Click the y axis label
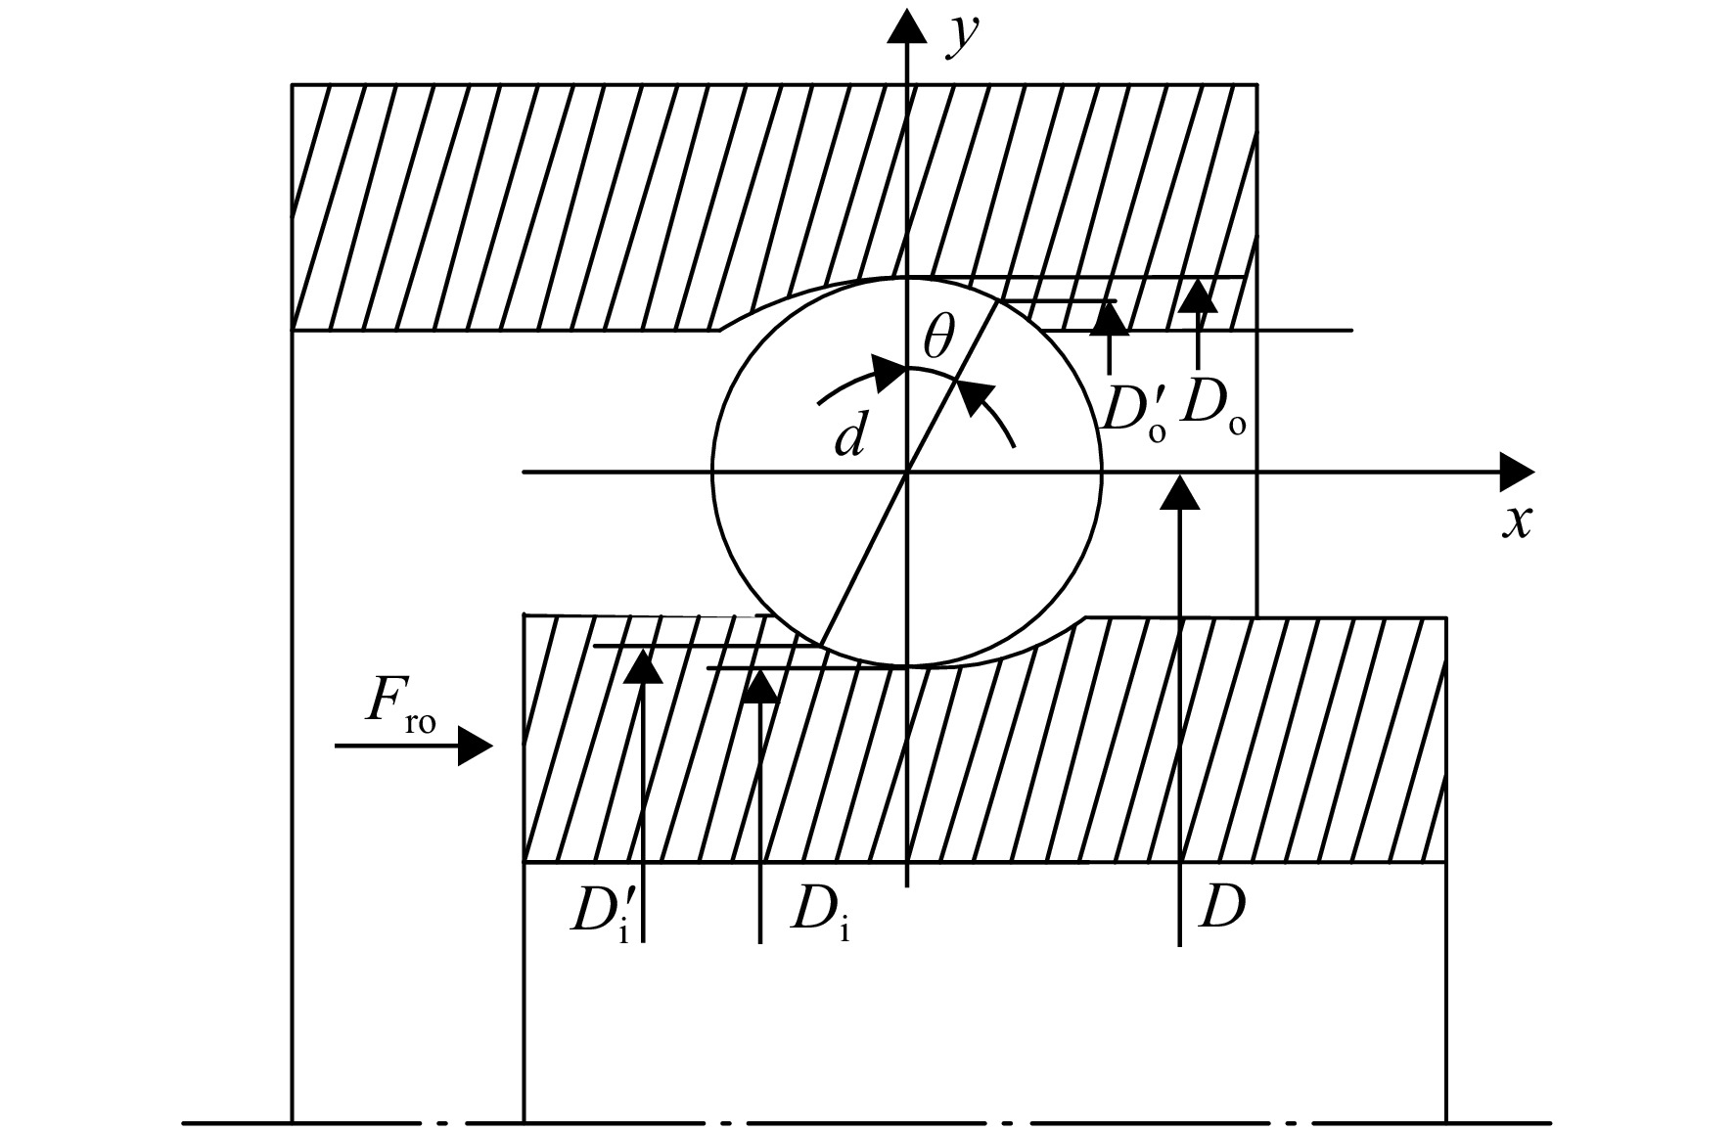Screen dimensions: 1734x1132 point(965,37)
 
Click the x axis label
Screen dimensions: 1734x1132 point(1517,521)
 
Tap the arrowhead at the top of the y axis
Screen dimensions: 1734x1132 point(907,24)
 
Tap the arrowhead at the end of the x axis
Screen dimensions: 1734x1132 point(1517,472)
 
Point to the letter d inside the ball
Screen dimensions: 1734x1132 point(850,436)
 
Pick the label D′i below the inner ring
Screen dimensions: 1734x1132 point(601,914)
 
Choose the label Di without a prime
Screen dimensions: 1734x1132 point(820,912)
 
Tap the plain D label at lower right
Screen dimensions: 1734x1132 point(1221,909)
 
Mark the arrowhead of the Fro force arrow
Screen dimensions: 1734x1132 point(476,746)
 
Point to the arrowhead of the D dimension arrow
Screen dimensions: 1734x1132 point(1180,492)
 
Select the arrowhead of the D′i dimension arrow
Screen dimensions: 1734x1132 point(642,664)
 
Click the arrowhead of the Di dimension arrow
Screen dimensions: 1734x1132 point(759,687)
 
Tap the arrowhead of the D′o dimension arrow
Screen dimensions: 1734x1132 point(1109,318)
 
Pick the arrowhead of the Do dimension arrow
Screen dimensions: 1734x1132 point(1198,294)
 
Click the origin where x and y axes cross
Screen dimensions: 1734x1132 point(907,473)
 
